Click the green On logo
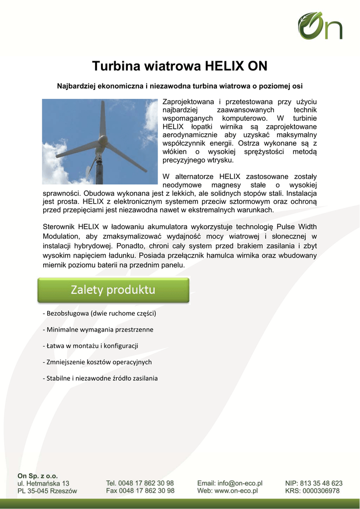click(x=320, y=26)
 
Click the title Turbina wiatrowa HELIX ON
click(x=180, y=66)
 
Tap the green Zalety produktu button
click(x=113, y=290)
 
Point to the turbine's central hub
click(x=102, y=141)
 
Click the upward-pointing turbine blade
click(x=102, y=119)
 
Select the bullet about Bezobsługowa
click(x=99, y=314)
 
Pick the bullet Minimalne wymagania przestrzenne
click(x=98, y=330)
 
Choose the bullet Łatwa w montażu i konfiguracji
click(x=90, y=345)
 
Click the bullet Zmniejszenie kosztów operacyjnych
click(x=97, y=362)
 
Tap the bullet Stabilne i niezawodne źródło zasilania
click(x=100, y=378)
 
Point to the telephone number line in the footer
click(x=140, y=483)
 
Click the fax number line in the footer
click(x=140, y=491)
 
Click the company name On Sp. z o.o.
click(x=38, y=476)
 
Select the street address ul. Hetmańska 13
click(x=43, y=483)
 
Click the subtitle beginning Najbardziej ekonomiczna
click(x=180, y=86)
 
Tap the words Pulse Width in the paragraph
click(x=296, y=227)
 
